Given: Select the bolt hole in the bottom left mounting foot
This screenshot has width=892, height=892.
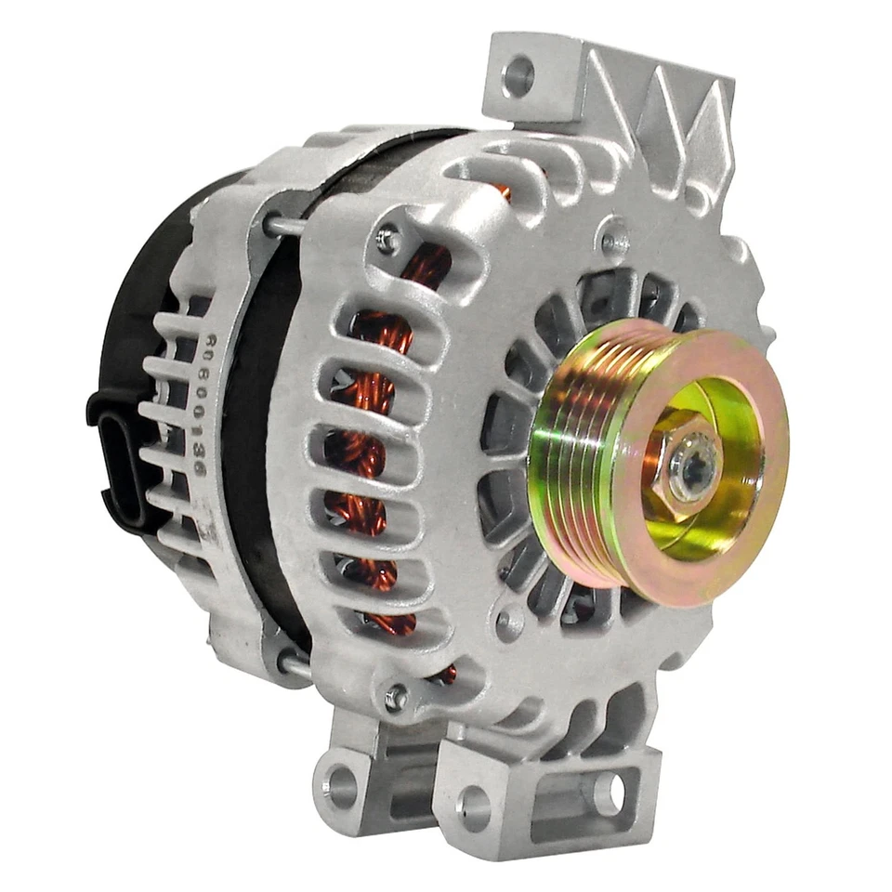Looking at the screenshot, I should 340,786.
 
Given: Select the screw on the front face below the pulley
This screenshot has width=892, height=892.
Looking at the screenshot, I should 509,623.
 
